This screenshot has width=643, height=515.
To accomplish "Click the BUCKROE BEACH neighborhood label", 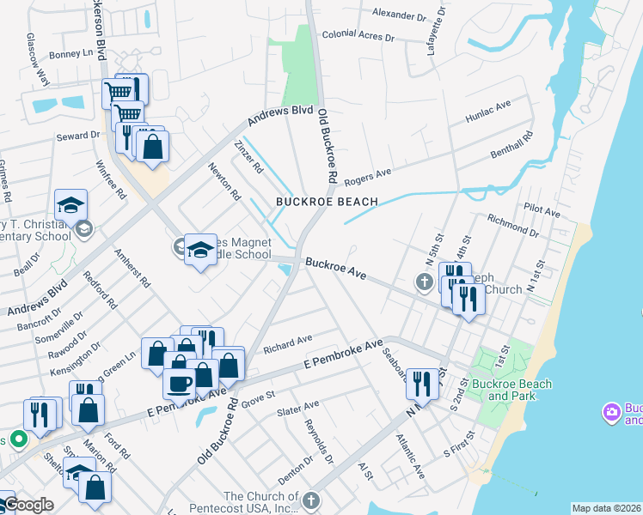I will [327, 202].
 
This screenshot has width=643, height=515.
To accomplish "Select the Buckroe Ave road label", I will [336, 268].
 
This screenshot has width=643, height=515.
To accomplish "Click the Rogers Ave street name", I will [368, 178].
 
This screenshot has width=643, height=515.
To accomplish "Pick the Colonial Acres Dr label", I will [358, 37].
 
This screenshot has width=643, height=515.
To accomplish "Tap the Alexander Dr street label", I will [399, 15].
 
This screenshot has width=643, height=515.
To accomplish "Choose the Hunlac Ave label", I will [487, 111].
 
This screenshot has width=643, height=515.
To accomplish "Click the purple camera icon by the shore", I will [612, 413].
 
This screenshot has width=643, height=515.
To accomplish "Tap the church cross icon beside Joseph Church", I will [423, 282].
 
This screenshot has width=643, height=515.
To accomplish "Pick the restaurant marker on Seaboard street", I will [420, 383].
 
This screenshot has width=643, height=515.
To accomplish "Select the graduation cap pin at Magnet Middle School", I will [200, 250].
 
